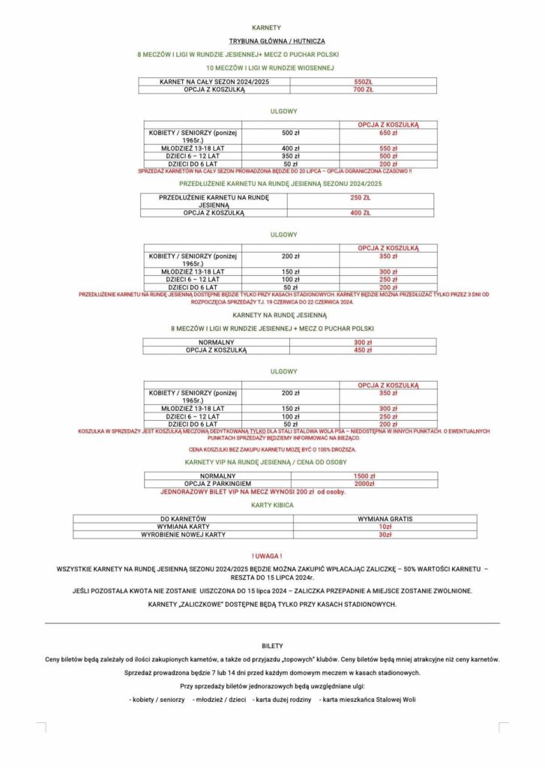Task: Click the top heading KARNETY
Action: click(x=272, y=27)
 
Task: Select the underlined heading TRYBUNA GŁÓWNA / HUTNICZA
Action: click(x=272, y=40)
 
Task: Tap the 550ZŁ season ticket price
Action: click(x=363, y=81)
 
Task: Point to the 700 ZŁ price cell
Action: click(x=363, y=89)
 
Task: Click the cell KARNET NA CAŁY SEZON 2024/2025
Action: click(x=214, y=81)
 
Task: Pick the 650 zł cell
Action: click(x=388, y=133)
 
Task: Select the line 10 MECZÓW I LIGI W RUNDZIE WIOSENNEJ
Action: click(x=272, y=68)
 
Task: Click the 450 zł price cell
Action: click(x=363, y=350)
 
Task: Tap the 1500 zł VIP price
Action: click(x=364, y=476)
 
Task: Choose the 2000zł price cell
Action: click(x=364, y=484)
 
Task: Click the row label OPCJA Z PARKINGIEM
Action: click(x=217, y=484)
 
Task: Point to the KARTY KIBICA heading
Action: click(x=272, y=505)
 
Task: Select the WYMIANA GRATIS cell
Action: click(x=385, y=518)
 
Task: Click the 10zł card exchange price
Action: click(x=385, y=526)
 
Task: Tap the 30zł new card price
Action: click(x=385, y=535)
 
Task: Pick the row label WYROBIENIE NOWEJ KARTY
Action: click(x=184, y=535)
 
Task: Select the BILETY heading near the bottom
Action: click(x=272, y=645)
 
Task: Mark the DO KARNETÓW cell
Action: click(x=184, y=518)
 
